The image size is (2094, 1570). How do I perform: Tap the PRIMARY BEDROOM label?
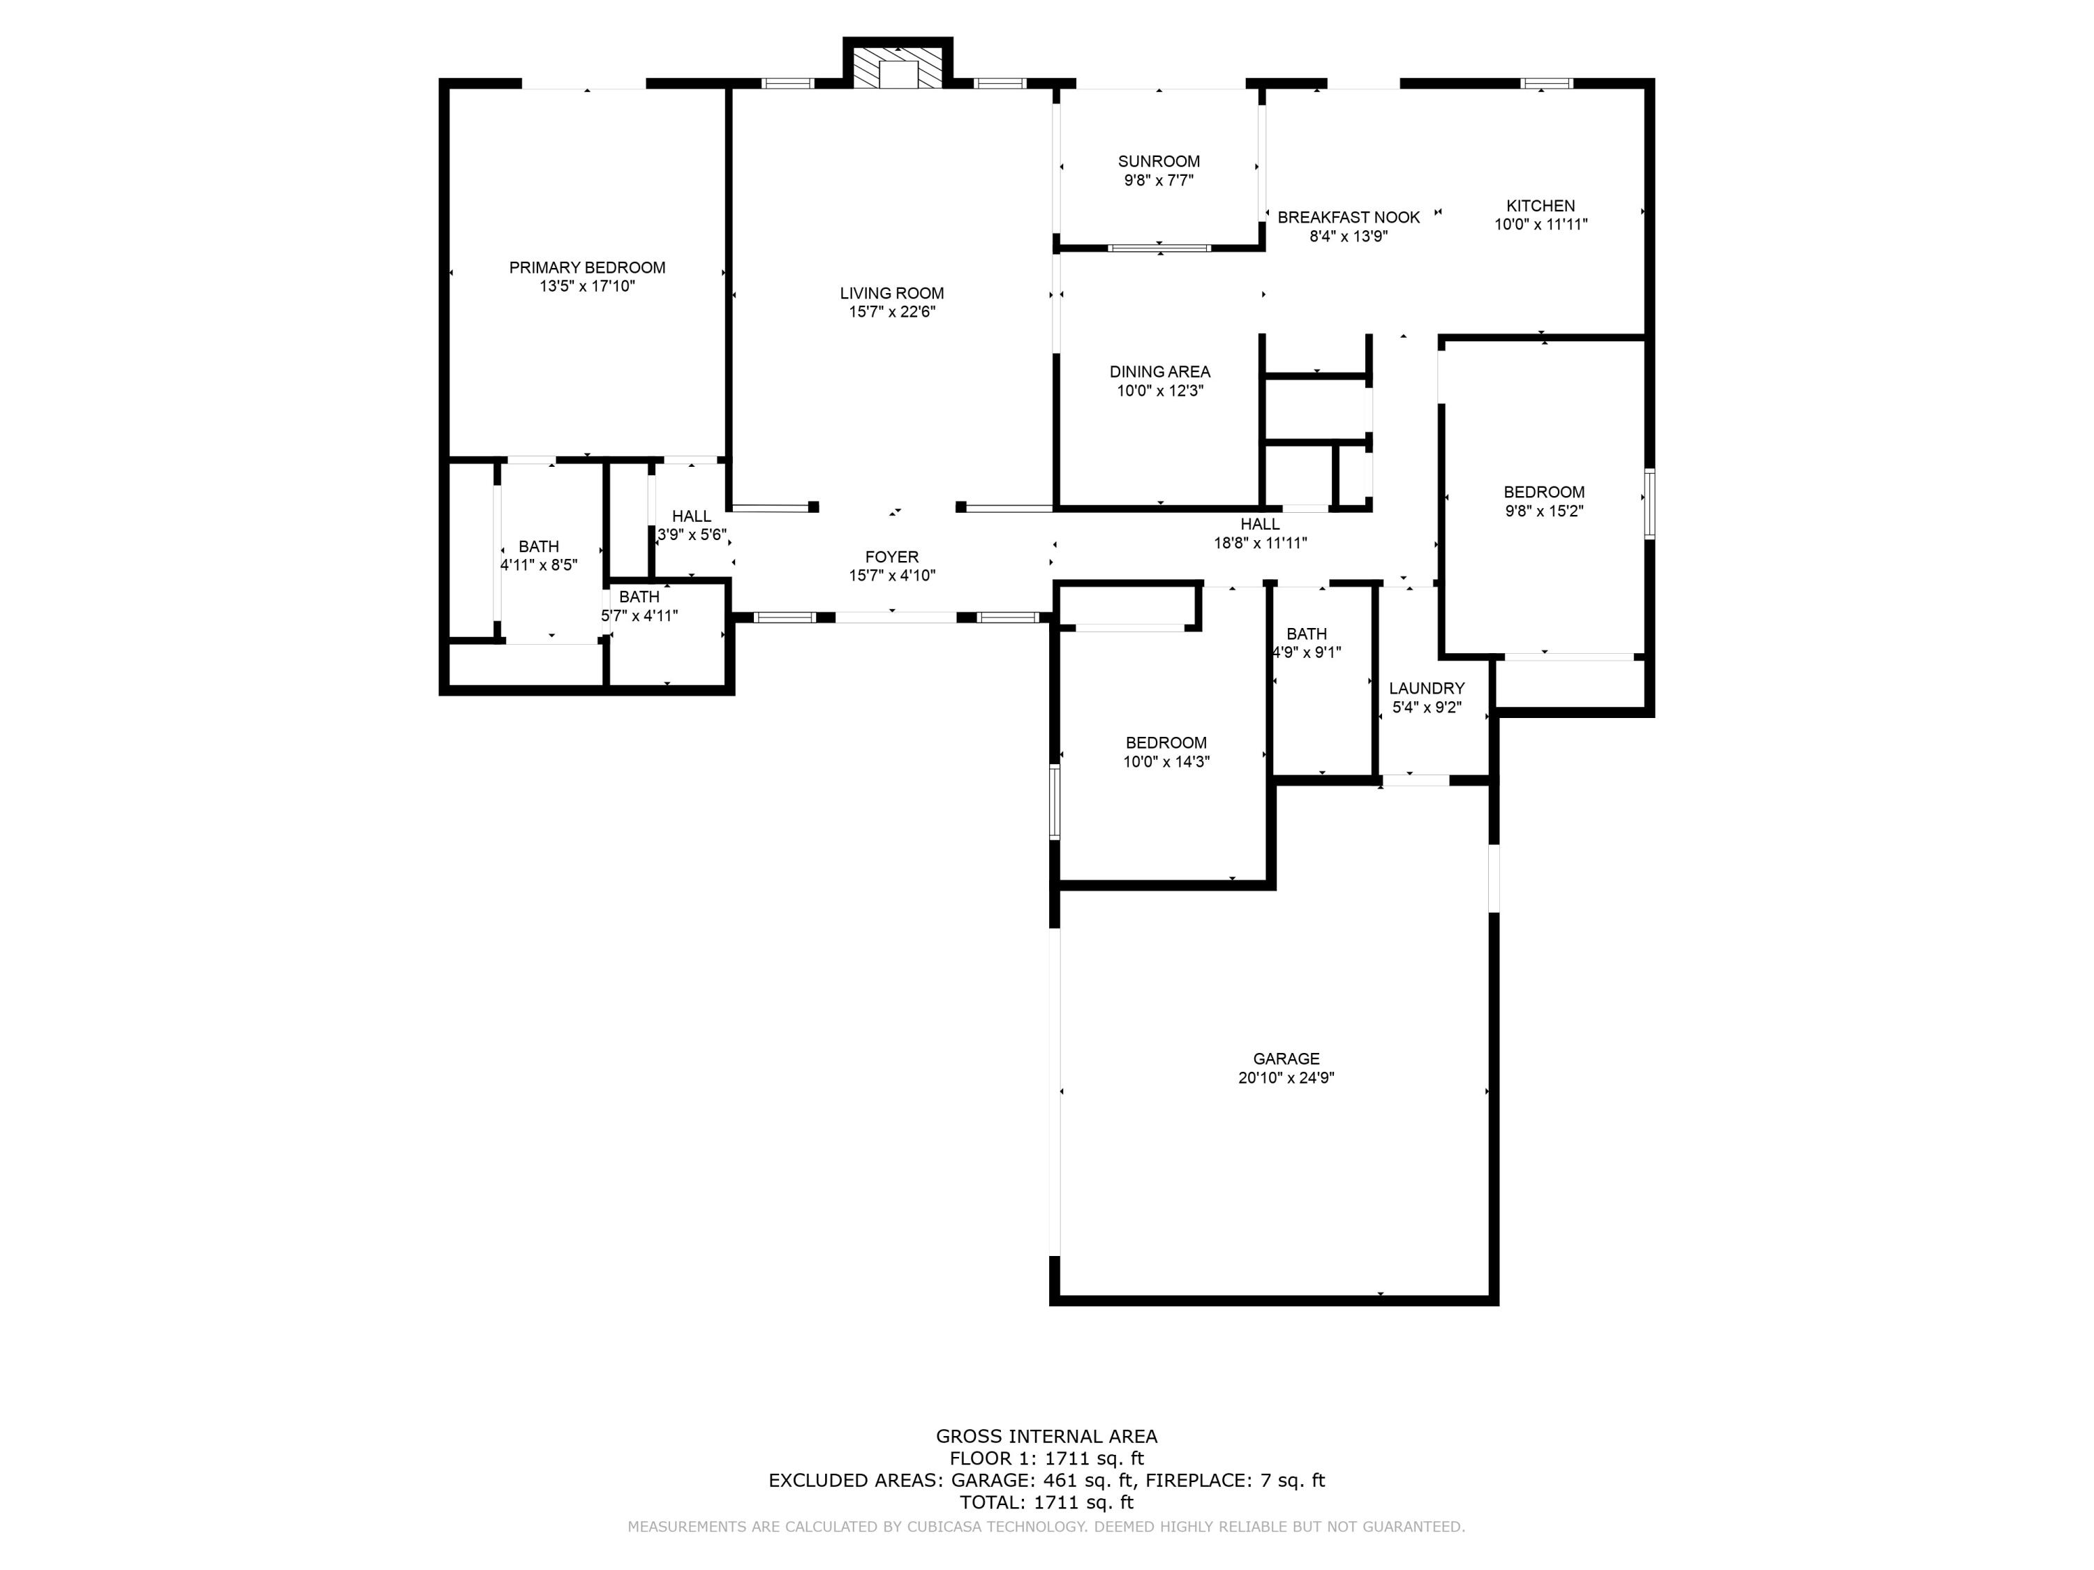[x=587, y=268]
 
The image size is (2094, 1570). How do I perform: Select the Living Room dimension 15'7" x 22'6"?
[x=892, y=311]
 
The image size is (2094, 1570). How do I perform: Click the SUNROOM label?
[x=1158, y=162]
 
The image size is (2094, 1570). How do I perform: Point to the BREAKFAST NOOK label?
[x=1348, y=218]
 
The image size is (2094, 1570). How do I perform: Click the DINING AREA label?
[x=1159, y=372]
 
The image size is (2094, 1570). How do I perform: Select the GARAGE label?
[x=1286, y=1059]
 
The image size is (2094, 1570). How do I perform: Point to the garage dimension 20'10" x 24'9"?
[x=1286, y=1078]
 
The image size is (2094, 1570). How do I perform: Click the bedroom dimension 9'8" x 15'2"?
[x=1543, y=511]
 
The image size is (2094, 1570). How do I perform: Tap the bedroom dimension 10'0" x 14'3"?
[x=1166, y=762]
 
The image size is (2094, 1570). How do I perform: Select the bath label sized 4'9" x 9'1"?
[x=1307, y=634]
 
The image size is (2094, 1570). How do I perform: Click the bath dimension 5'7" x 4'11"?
[x=639, y=616]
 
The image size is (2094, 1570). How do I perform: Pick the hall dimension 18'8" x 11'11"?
[x=1260, y=543]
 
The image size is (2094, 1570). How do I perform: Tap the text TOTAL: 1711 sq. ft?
[x=1046, y=1502]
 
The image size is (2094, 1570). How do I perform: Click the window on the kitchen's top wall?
[x=1546, y=83]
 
